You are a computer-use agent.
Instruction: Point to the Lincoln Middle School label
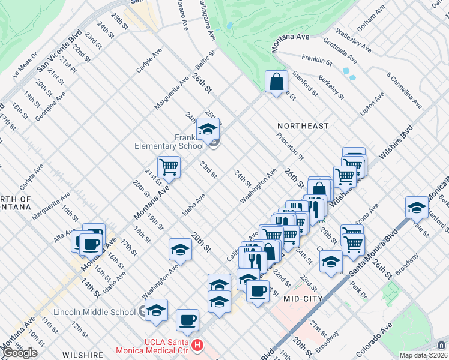[x=94, y=312]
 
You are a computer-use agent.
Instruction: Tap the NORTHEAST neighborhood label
[x=303, y=126]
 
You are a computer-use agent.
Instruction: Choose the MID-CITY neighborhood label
[x=303, y=298]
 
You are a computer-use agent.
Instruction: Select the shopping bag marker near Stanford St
[x=276, y=82]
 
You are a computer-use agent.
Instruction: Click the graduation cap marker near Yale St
[x=417, y=207]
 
